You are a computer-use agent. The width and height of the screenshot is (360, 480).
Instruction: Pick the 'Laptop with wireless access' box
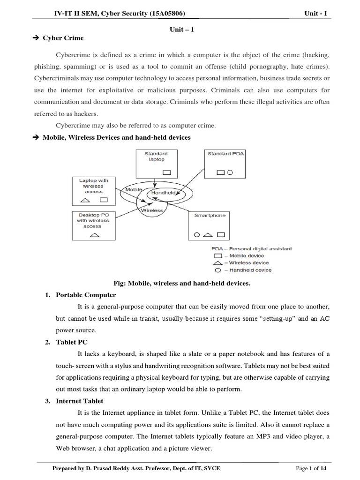(x=94, y=191)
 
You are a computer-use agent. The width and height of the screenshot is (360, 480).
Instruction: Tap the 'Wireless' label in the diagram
(x=152, y=210)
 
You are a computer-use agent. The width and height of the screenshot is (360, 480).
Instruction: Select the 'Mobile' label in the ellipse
(x=134, y=190)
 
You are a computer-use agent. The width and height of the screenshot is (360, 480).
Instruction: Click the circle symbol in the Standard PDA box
(x=230, y=172)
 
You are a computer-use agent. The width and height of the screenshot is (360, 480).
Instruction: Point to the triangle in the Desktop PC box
(x=94, y=234)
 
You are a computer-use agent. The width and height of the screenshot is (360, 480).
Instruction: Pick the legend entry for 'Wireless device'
(x=239, y=263)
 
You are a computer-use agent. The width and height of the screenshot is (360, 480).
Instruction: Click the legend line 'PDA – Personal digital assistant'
(x=251, y=249)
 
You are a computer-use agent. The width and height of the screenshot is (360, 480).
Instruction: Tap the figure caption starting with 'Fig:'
(x=182, y=283)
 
